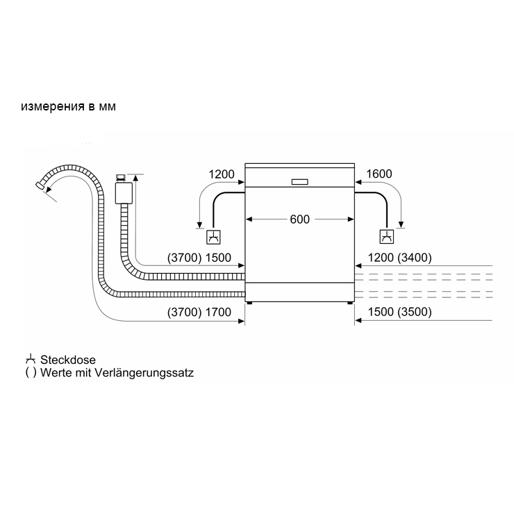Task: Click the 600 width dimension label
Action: pos(299,219)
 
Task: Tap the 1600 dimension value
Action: pos(379,174)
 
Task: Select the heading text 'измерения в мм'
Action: pos(68,106)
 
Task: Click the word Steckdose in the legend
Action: pos(68,360)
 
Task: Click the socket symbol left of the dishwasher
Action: pos(213,237)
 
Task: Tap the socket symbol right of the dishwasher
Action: pos(386,237)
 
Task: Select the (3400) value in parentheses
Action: pos(415,258)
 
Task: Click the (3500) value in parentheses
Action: pos(415,312)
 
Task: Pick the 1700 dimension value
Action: pos(218,312)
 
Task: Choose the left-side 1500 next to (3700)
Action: pos(218,258)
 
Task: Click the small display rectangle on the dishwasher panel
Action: pos(299,181)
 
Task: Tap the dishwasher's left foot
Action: pos(250,304)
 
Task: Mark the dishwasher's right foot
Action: pos(349,304)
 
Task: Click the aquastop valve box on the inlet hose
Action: pos(124,193)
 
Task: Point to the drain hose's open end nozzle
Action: pos(40,185)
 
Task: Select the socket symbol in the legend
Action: pos(31,359)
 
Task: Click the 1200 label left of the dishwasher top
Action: pos(222,174)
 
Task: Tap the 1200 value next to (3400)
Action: pos(381,258)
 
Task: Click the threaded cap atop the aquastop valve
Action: pos(121,178)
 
